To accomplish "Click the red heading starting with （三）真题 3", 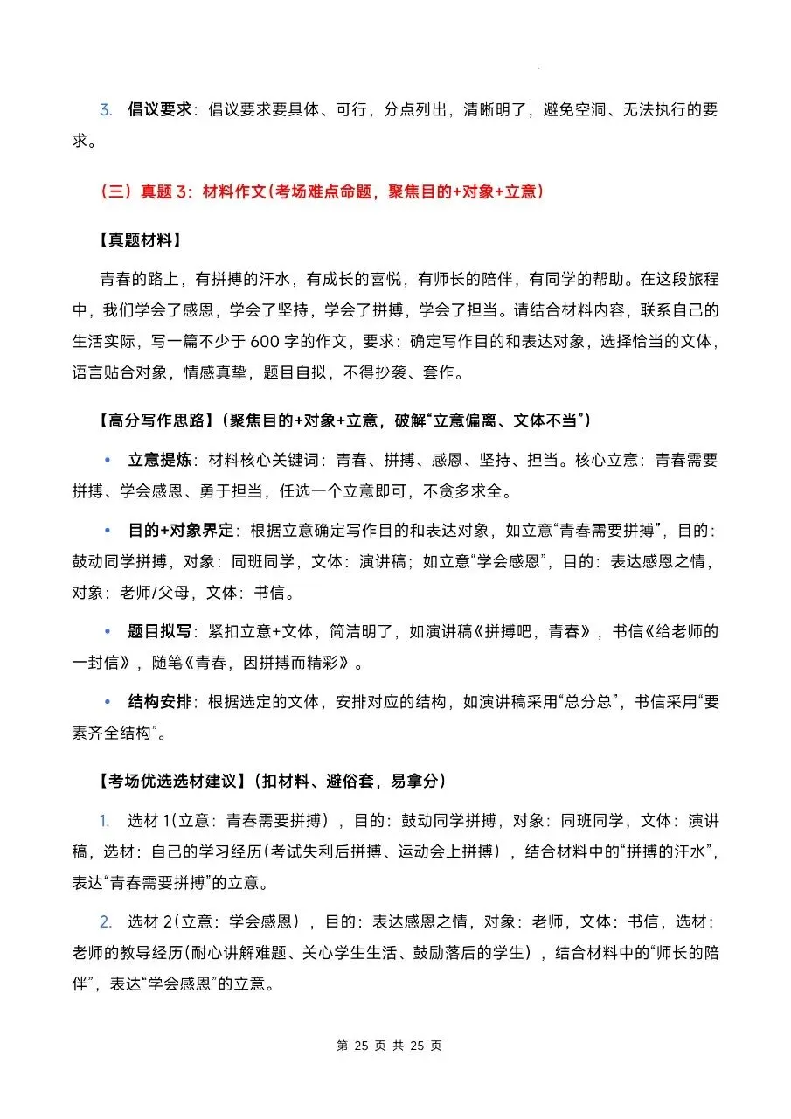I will click(x=322, y=191).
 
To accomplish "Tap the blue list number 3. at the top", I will click(x=106, y=110).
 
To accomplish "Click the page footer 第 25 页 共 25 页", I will click(x=390, y=1046).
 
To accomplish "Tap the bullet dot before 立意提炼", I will click(x=108, y=461).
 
